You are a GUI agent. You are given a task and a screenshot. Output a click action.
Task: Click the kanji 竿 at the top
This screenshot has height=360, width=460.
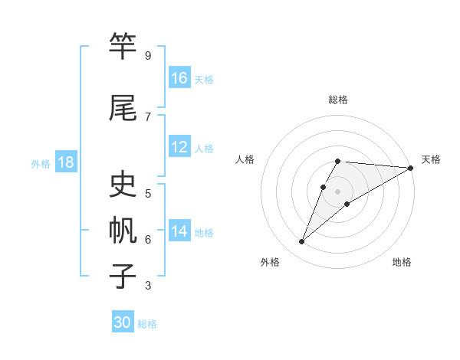[x=123, y=47]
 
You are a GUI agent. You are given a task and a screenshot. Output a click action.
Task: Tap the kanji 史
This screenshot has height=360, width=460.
[x=123, y=185]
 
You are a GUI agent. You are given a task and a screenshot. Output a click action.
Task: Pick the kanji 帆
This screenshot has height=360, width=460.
[x=123, y=231]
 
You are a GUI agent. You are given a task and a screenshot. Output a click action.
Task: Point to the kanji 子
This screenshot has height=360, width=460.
[x=123, y=276]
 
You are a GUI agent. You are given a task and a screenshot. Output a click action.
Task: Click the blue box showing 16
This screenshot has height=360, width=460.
[x=179, y=78]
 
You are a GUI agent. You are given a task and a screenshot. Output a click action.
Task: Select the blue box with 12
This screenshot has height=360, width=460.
[x=179, y=147]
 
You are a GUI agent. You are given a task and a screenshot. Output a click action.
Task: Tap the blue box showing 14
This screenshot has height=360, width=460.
[x=179, y=231]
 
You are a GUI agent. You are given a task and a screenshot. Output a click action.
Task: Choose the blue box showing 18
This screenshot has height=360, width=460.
[x=65, y=163]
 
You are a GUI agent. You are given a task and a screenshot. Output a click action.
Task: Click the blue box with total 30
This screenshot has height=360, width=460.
[x=123, y=322]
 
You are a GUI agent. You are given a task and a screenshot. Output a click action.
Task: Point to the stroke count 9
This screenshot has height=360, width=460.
[x=148, y=56]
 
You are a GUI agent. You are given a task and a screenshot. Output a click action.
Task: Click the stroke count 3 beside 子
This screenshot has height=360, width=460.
[x=148, y=286]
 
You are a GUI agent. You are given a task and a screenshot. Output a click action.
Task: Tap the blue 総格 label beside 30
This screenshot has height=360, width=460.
[x=148, y=324]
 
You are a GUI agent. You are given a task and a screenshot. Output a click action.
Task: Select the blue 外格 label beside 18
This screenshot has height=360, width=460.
[x=41, y=164]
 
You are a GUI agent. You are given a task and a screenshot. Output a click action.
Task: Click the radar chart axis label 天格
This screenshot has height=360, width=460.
[x=431, y=159]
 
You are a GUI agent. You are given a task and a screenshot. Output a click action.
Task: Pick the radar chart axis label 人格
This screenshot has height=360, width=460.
[x=245, y=159]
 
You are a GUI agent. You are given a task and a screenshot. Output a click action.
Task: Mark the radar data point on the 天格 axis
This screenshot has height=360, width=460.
[x=411, y=167]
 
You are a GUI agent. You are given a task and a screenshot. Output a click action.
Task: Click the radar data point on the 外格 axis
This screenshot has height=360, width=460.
[x=301, y=242]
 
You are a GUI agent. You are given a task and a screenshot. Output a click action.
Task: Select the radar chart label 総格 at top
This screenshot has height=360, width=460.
[x=338, y=100]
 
